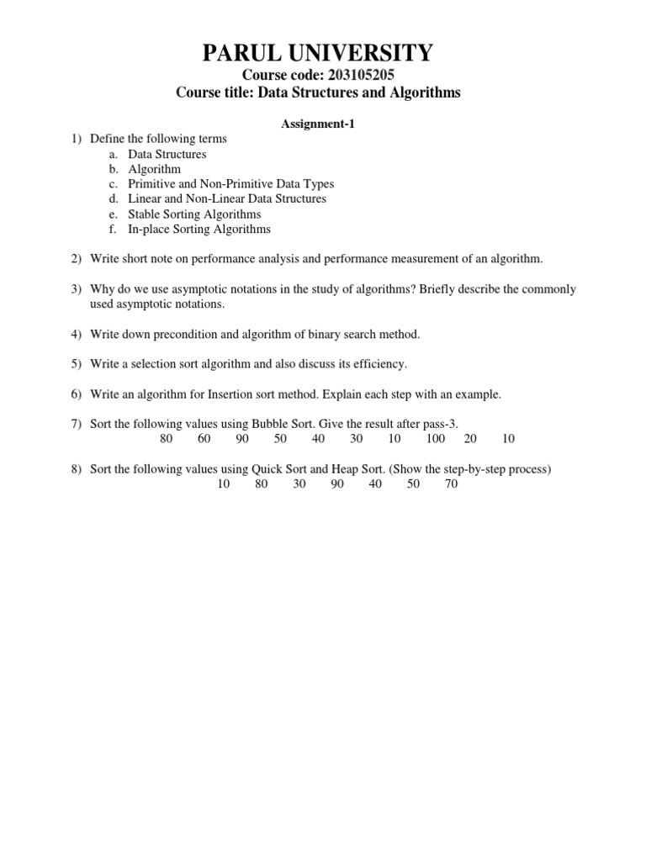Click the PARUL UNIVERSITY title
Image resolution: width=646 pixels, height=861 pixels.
[318, 55]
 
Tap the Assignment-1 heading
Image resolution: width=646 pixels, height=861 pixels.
[318, 124]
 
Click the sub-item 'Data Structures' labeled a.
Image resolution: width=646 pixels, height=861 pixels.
[167, 154]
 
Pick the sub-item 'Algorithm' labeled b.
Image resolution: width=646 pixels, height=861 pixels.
[154, 169]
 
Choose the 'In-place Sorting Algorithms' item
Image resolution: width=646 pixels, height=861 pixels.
[199, 229]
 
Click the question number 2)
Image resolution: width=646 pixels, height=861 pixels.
[76, 258]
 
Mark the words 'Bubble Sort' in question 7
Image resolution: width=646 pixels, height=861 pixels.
[270, 423]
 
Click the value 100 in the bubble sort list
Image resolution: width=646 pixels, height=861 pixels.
[436, 438]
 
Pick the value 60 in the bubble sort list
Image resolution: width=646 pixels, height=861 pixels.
[204, 438]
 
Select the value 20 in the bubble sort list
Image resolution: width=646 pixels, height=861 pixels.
[470, 438]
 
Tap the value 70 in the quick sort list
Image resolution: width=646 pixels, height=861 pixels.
[451, 484]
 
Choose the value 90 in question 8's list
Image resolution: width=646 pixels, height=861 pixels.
[337, 484]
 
